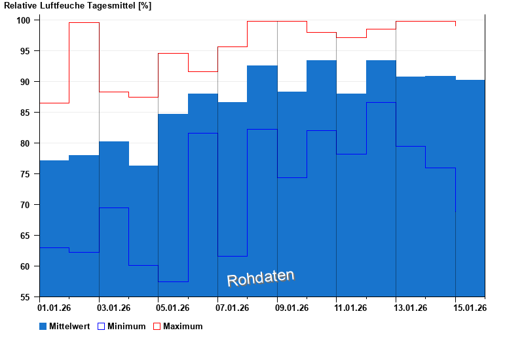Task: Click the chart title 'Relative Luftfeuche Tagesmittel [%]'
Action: [x=77, y=6]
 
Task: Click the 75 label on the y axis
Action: [x=29, y=174]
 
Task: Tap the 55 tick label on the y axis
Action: [x=29, y=297]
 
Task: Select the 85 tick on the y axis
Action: [x=29, y=113]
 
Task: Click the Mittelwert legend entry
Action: [x=69, y=326]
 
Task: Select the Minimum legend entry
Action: [x=126, y=326]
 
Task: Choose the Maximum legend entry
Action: [x=183, y=326]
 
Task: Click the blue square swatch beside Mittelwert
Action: [x=43, y=326]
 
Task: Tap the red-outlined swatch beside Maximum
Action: [x=157, y=326]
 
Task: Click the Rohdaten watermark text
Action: [x=260, y=278]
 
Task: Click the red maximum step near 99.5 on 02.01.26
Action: [x=84, y=23]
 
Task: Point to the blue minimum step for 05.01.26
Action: [x=173, y=281]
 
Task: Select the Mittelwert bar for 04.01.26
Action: [x=143, y=229]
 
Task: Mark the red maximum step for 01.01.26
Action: [x=54, y=103]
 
